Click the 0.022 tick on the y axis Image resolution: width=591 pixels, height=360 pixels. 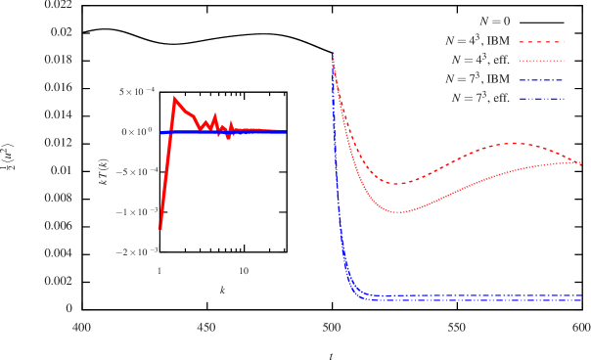click(60, 5)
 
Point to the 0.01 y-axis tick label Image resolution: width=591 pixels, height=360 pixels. click(64, 170)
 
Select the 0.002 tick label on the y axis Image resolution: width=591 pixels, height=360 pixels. click(60, 281)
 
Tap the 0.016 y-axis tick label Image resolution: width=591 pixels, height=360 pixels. click(60, 88)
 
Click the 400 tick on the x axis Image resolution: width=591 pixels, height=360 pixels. click(82, 329)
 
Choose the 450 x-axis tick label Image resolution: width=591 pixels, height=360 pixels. click(206, 329)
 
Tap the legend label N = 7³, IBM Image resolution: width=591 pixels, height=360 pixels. click(476, 78)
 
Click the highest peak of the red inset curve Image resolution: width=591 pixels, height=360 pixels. click(175, 97)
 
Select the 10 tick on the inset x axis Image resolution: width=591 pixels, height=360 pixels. click(244, 270)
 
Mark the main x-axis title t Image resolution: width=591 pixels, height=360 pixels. click(331, 354)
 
